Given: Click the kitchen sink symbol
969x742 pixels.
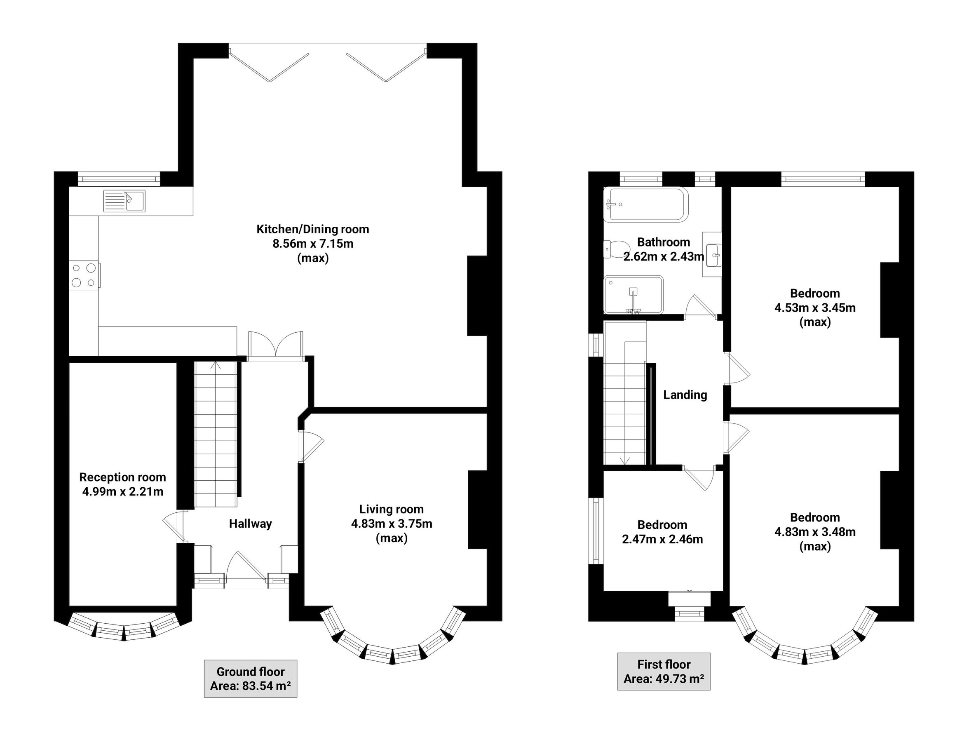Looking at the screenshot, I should tap(124, 201).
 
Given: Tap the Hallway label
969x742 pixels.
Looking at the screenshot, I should tap(250, 524).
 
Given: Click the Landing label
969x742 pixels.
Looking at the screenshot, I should tap(685, 395).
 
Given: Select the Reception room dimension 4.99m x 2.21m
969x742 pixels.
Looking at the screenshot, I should tap(123, 491).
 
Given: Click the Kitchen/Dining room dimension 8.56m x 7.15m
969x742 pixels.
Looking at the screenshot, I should tap(313, 244).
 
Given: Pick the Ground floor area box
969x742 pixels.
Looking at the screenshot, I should tap(250, 679).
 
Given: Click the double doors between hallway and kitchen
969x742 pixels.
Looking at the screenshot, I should tap(276, 345).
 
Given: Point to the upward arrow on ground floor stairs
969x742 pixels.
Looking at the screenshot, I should tap(216, 365).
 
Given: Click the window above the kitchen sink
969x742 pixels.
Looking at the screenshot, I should tap(119, 179).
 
